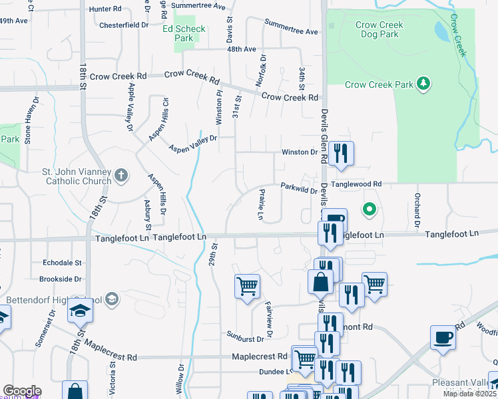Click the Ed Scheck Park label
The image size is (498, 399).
click(x=184, y=33)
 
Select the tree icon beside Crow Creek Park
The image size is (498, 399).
click(x=422, y=84)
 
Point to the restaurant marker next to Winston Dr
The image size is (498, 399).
click(x=341, y=154)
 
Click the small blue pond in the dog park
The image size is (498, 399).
click(x=441, y=30)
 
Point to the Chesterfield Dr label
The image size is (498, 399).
click(x=123, y=25)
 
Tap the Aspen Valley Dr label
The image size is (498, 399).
click(x=192, y=144)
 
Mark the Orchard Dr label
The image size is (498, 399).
click(x=417, y=209)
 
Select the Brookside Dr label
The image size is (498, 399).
click(x=60, y=280)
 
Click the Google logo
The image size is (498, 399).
click(x=21, y=391)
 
